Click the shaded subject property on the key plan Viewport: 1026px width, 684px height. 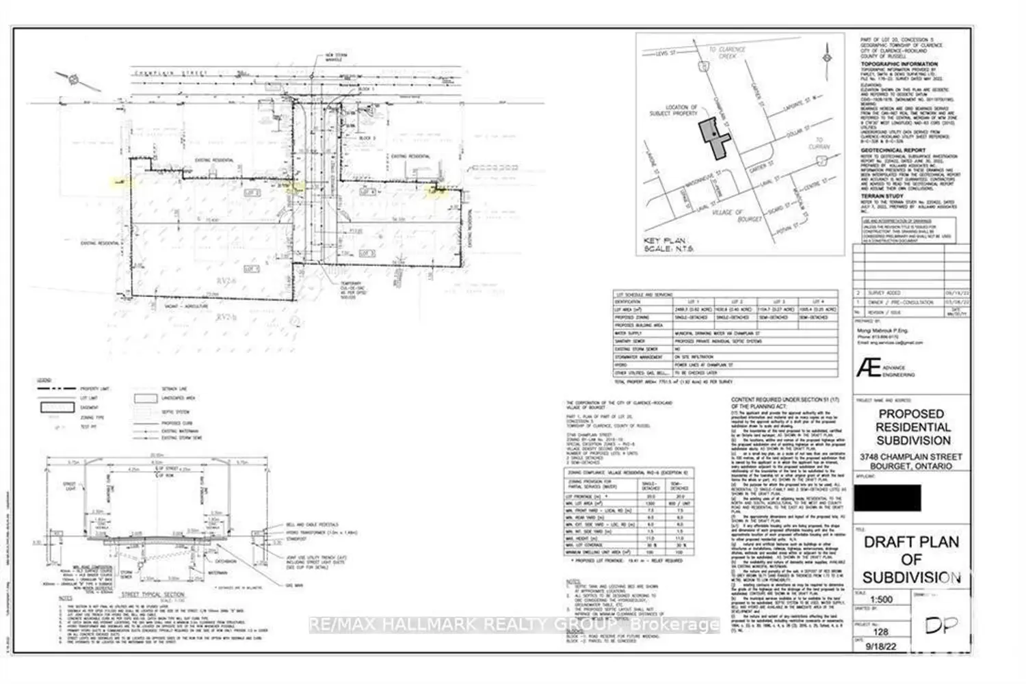[714, 137]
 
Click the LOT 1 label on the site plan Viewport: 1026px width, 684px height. [252, 269]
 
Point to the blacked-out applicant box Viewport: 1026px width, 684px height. [888, 497]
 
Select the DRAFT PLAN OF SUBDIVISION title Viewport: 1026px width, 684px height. [910, 560]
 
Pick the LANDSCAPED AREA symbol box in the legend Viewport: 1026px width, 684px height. [146, 398]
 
